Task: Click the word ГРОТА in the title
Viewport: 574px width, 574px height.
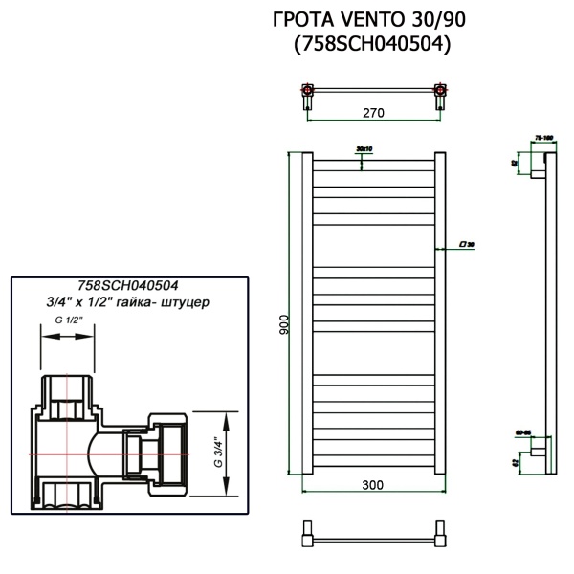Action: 301,20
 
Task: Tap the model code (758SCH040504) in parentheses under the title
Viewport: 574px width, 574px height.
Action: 368,44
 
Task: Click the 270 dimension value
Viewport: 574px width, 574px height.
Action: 373,112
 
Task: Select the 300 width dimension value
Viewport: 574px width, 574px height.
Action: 373,484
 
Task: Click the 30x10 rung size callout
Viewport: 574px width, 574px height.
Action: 363,150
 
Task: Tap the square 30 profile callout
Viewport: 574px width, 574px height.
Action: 468,244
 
